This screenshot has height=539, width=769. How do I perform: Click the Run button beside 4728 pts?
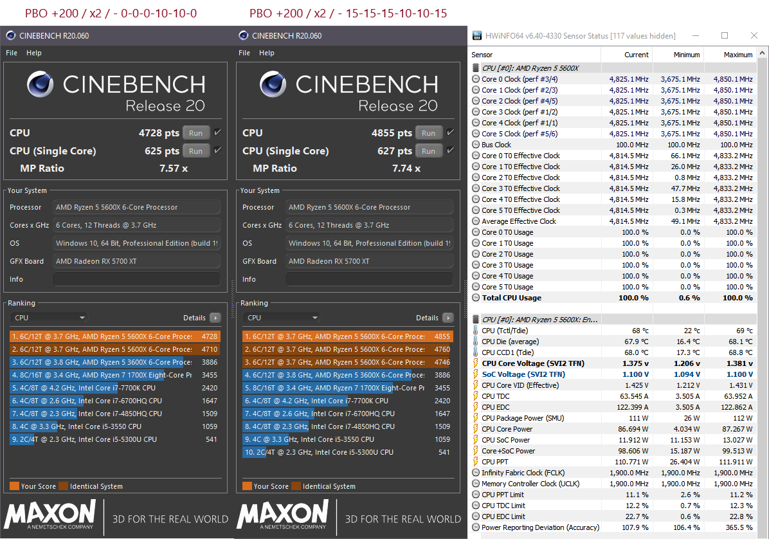(195, 133)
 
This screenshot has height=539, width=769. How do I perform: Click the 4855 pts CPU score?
(392, 133)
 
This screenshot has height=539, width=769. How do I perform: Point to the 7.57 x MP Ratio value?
(174, 169)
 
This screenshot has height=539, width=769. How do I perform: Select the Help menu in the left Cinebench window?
(33, 53)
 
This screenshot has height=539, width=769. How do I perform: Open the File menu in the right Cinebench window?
(244, 53)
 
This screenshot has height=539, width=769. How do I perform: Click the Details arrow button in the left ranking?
(215, 318)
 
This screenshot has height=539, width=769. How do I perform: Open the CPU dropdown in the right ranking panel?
(282, 318)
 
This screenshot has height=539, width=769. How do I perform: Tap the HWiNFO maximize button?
(725, 35)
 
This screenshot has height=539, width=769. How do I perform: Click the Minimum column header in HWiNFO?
(686, 55)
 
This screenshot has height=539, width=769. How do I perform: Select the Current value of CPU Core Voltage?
(635, 363)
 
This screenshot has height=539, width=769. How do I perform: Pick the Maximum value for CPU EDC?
(737, 407)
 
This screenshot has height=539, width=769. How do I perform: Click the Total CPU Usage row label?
(511, 298)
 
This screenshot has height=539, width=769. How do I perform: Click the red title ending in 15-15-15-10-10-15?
(348, 13)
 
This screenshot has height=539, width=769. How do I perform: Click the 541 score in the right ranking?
(444, 452)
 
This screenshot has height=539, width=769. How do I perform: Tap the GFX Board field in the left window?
(136, 261)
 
